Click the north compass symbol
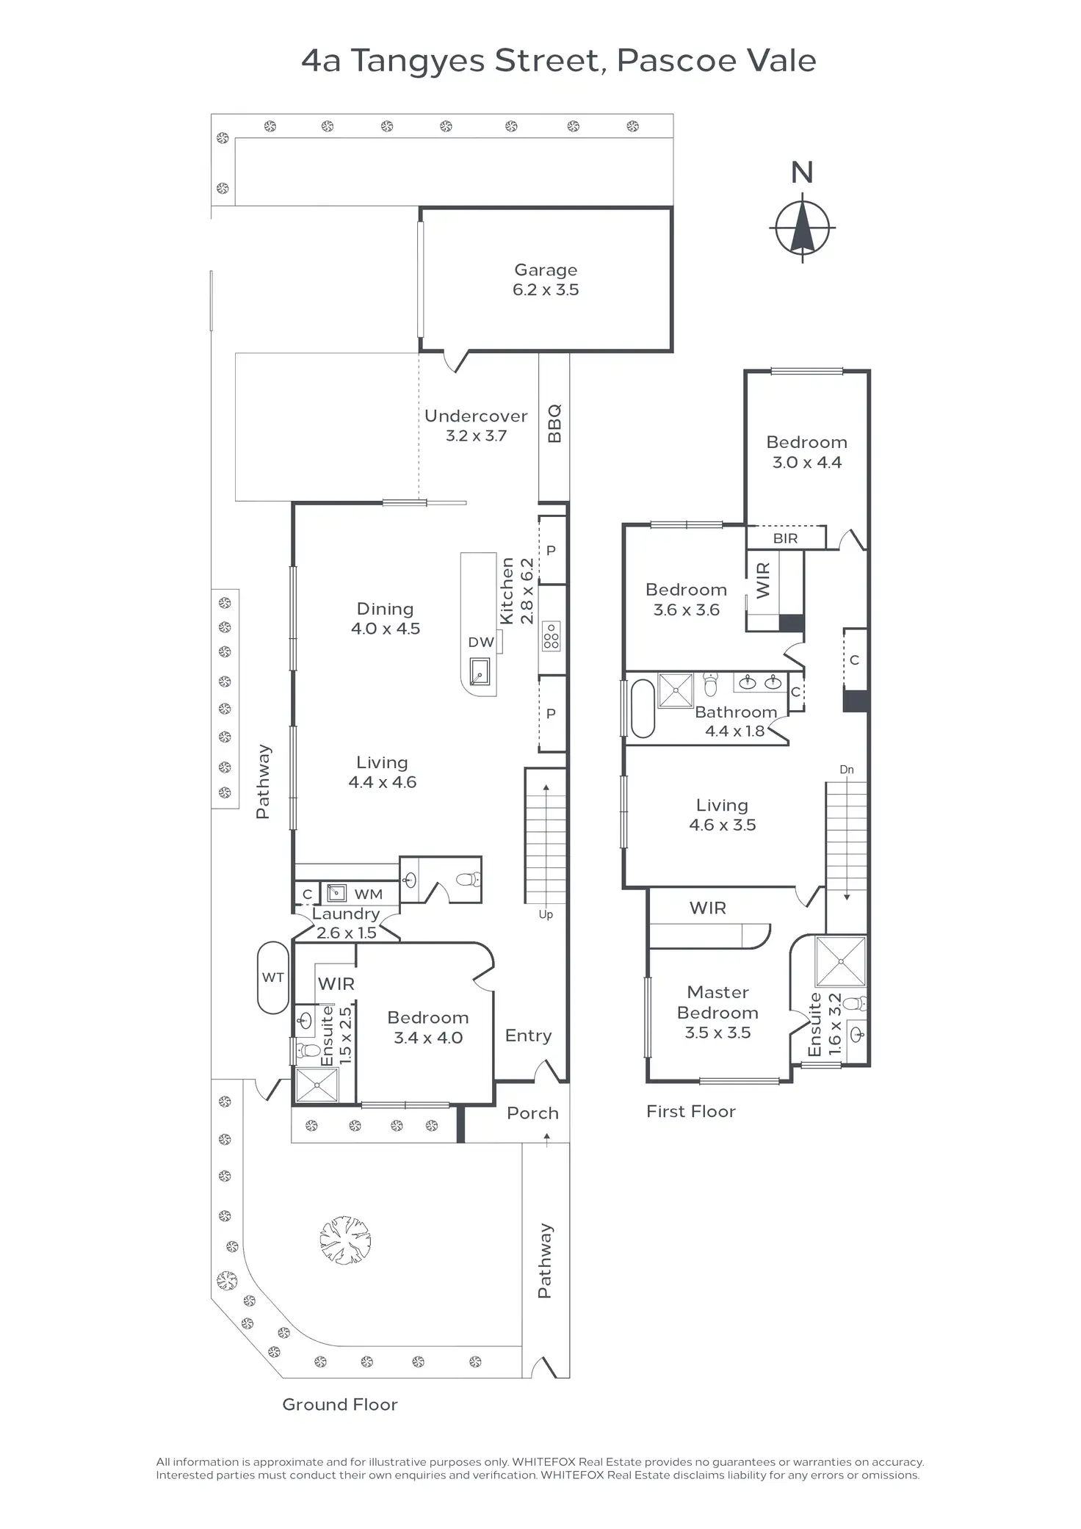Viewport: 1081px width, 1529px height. pyautogui.click(x=802, y=228)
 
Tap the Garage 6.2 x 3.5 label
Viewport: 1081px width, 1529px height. pyautogui.click(x=546, y=280)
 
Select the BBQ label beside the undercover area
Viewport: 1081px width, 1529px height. pyautogui.click(x=554, y=423)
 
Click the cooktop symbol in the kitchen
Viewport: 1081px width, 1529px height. pyautogui.click(x=551, y=636)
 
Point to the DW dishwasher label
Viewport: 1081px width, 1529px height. pyautogui.click(x=481, y=643)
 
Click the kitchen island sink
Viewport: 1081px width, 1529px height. pyautogui.click(x=480, y=671)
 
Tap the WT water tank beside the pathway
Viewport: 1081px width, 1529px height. pyautogui.click(x=272, y=977)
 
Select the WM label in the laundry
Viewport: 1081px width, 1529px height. pyautogui.click(x=368, y=894)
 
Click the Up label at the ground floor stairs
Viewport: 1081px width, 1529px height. pyautogui.click(x=546, y=914)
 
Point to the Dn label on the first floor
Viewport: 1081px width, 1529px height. pyautogui.click(x=847, y=770)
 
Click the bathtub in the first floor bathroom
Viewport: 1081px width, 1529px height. pyautogui.click(x=643, y=709)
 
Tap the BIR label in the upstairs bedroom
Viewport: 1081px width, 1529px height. pyautogui.click(x=785, y=538)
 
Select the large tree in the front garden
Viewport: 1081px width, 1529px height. pyautogui.click(x=345, y=1240)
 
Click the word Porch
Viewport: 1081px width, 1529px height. pyautogui.click(x=532, y=1113)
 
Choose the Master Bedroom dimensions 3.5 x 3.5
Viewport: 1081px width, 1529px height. pyautogui.click(x=717, y=1033)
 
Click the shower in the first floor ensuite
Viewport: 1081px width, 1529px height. pyautogui.click(x=841, y=961)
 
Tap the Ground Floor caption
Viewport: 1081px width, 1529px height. pyautogui.click(x=340, y=1405)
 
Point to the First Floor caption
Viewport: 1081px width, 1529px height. pyautogui.click(x=690, y=1112)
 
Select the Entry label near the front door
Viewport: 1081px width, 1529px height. pyautogui.click(x=528, y=1035)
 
